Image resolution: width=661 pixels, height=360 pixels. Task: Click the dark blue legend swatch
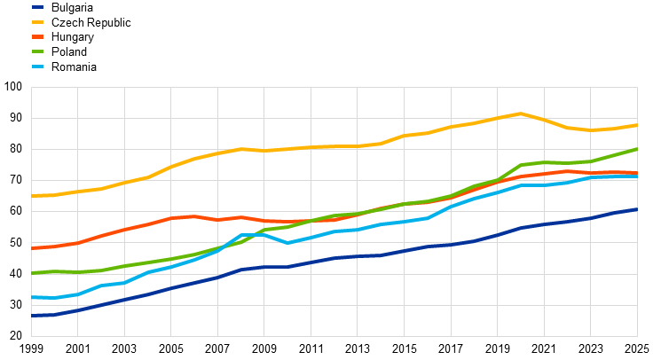[x=37, y=7]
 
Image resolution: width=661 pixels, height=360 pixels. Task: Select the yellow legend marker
[x=37, y=21]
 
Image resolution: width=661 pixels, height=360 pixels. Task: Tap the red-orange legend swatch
[x=37, y=36]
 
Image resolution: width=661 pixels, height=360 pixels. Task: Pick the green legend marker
[x=37, y=51]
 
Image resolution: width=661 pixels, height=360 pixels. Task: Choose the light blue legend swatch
[x=37, y=67]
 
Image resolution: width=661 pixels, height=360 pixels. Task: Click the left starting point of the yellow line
[x=32, y=195]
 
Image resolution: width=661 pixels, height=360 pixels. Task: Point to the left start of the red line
[x=32, y=248]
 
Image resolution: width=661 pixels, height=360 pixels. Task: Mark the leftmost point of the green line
[x=32, y=273]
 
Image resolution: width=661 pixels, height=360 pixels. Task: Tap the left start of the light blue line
[x=32, y=297]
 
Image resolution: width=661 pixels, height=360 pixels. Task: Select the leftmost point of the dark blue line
[x=32, y=315]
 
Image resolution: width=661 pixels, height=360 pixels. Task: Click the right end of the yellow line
[x=637, y=125]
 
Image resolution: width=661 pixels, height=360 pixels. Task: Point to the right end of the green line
[x=637, y=149]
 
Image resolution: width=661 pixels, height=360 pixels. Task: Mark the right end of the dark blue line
[x=637, y=209]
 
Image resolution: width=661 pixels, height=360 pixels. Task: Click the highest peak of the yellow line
[x=521, y=113]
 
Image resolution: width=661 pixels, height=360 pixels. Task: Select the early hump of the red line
[x=193, y=215]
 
